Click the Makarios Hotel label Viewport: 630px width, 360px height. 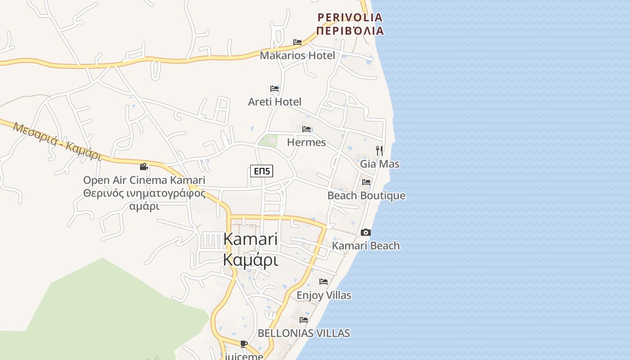[297, 56]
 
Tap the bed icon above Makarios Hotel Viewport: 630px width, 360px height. [297, 42]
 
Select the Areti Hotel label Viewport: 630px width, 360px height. [274, 102]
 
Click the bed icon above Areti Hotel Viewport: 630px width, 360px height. [274, 89]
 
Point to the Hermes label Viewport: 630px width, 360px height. [306, 143]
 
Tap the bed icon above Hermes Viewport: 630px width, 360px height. [307, 129]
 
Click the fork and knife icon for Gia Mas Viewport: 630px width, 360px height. [379, 150]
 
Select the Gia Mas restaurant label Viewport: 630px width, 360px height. [379, 164]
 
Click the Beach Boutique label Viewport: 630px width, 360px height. [366, 196]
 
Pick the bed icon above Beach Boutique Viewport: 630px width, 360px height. [366, 182]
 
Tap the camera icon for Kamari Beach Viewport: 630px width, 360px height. [366, 233]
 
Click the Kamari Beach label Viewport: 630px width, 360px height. [366, 246]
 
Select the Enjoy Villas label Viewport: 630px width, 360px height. [324, 296]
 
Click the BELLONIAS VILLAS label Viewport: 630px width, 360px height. [304, 333]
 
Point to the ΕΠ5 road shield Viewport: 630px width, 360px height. [262, 171]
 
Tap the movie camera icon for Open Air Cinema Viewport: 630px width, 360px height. [144, 167]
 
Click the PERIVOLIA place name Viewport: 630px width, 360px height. [350, 18]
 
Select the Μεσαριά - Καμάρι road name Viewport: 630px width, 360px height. [57, 141]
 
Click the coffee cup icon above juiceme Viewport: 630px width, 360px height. [244, 344]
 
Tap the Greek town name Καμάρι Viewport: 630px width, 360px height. [250, 261]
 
